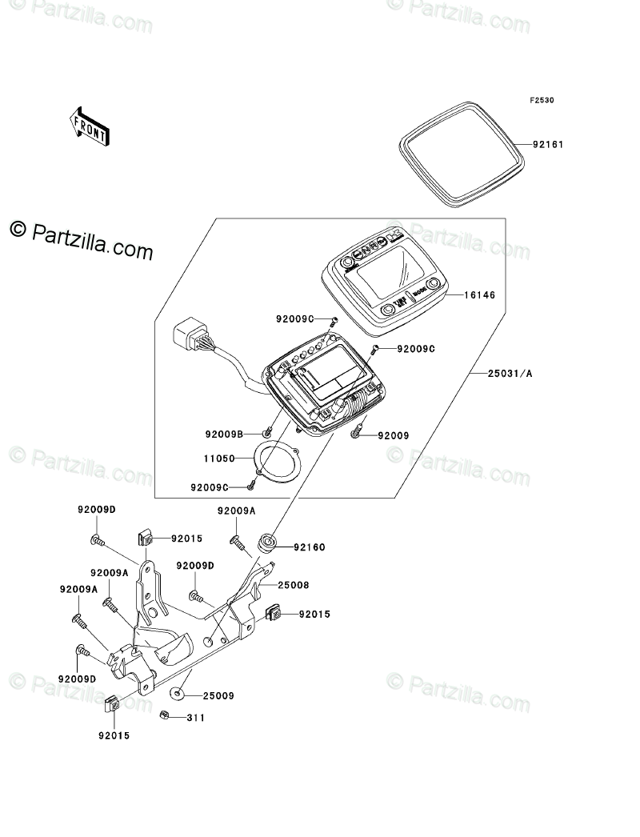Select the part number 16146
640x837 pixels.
point(480,296)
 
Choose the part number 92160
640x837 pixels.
point(309,548)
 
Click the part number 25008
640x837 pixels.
point(293,585)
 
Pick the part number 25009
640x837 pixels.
point(218,696)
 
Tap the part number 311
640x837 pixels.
point(196,718)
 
